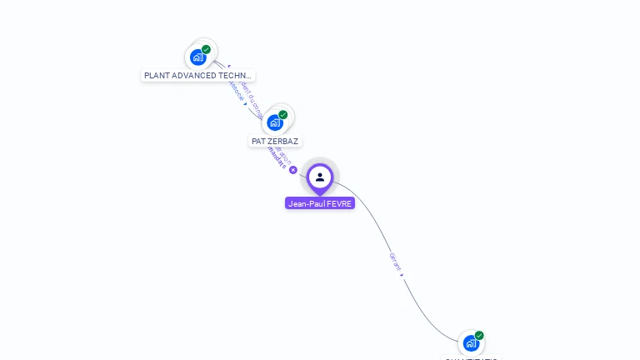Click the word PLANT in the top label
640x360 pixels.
tap(156, 76)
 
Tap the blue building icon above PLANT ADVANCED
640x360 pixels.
tap(197, 57)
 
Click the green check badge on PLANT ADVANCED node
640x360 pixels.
tap(206, 49)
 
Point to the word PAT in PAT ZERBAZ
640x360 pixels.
tap(258, 142)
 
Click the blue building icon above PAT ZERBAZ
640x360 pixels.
tap(275, 122)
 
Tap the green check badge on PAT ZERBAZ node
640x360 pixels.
tap(283, 114)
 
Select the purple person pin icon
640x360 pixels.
tap(320, 177)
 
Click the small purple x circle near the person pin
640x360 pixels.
tap(293, 170)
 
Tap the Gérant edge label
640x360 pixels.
tap(394, 261)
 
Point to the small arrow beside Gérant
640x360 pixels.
tap(402, 273)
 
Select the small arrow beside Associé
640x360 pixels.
tap(245, 104)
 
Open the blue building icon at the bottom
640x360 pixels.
tap(471, 343)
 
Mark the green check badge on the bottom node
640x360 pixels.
tap(479, 335)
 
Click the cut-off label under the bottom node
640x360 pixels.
tap(471, 358)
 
